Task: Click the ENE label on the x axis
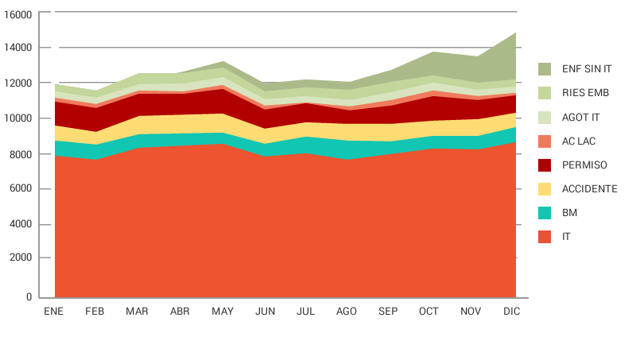click(53, 312)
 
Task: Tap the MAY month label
click(223, 312)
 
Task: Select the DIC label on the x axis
click(511, 312)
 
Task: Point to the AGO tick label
click(347, 312)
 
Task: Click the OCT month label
click(429, 312)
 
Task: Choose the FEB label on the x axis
click(95, 312)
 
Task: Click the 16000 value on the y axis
click(18, 15)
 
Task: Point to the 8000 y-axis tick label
click(21, 154)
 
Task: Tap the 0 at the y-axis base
click(29, 297)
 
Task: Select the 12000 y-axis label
click(18, 83)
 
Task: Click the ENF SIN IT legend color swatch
click(545, 69)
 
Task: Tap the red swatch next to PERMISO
click(545, 165)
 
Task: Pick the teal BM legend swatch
click(545, 213)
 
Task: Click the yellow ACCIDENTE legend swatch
click(545, 189)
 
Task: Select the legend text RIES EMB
click(585, 93)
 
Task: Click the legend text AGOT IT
click(580, 118)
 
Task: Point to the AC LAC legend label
click(579, 141)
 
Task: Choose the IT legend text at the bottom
click(566, 237)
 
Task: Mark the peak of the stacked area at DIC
click(515, 33)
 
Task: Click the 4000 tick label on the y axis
click(21, 225)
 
